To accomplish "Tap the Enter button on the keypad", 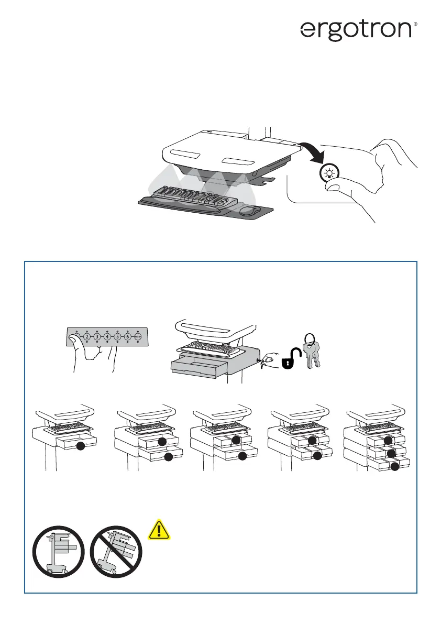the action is pyautogui.click(x=138, y=337).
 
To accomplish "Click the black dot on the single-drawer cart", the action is pyautogui.click(x=80, y=446).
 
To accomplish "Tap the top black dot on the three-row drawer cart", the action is pyautogui.click(x=388, y=440).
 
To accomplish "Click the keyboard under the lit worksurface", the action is pyautogui.click(x=193, y=196).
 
